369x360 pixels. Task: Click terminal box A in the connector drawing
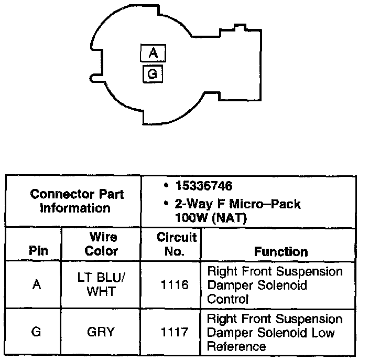[153, 53]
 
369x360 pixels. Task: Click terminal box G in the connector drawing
[153, 74]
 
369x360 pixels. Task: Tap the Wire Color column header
[101, 245]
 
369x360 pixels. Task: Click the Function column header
[281, 251]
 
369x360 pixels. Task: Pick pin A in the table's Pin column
[37, 286]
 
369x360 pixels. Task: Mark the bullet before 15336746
[166, 186]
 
